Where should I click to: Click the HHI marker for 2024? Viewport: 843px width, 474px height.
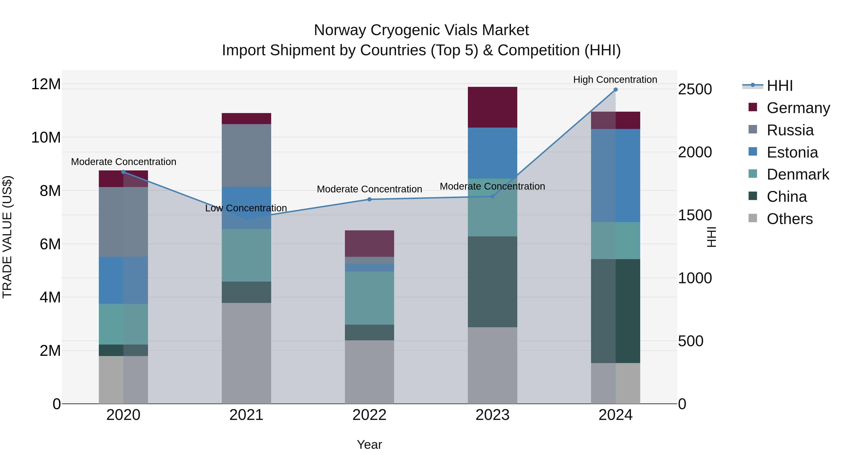coord(615,90)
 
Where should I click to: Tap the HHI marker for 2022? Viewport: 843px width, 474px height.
coord(370,199)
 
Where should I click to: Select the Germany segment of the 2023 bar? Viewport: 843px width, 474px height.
coord(492,107)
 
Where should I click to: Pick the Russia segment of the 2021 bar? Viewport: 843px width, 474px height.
coord(246,155)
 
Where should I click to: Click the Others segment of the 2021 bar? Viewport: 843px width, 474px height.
coord(246,353)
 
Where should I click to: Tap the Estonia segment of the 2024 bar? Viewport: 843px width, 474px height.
coord(615,175)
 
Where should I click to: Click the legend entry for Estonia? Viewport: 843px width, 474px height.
coord(792,152)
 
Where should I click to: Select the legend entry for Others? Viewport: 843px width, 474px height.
coord(789,219)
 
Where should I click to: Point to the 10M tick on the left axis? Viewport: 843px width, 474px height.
coord(46,137)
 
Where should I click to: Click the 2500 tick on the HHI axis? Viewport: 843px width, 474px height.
coord(695,89)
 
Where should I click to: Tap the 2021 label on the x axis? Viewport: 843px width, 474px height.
coord(246,415)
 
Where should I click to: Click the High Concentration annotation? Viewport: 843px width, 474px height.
coord(615,80)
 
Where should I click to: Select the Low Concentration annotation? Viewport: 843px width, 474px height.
coord(246,208)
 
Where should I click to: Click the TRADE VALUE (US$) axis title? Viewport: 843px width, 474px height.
coord(7,237)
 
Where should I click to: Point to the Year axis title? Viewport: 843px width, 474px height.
coord(370,445)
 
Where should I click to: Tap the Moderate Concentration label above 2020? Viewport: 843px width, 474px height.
coord(123,162)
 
